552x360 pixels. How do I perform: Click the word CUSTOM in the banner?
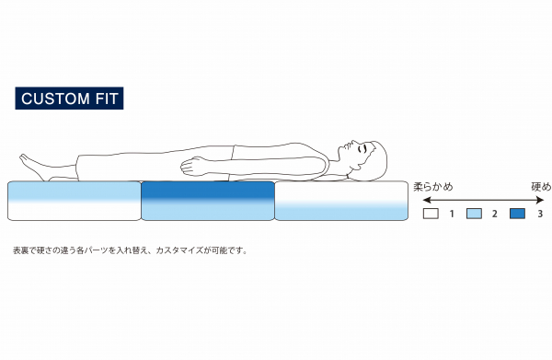(x=53, y=98)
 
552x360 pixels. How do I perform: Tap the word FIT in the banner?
(x=104, y=98)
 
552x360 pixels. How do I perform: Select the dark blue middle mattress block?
(x=208, y=201)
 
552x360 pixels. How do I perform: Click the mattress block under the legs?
(x=74, y=201)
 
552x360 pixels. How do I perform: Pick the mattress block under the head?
(x=341, y=201)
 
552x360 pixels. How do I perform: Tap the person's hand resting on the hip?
(x=196, y=166)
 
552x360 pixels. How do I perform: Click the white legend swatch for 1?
(x=431, y=214)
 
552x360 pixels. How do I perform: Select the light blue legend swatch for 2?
(x=475, y=214)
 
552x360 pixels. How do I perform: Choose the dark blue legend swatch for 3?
(x=517, y=214)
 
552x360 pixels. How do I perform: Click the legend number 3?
(x=540, y=214)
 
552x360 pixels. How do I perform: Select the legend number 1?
(x=452, y=214)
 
